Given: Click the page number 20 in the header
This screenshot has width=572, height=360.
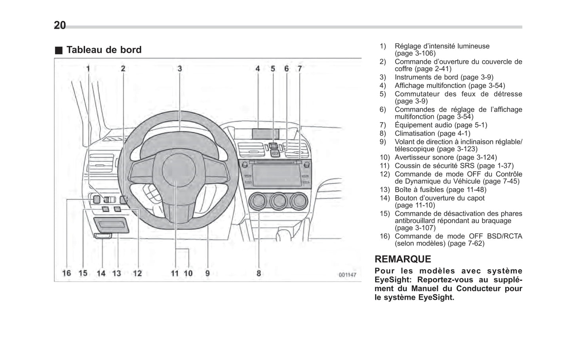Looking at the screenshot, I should click(60, 25).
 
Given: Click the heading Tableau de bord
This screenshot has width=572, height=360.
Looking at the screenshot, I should click(104, 50).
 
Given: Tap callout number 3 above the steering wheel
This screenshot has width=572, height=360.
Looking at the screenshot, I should click(180, 69).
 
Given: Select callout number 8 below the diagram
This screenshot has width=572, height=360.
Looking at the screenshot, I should click(258, 273).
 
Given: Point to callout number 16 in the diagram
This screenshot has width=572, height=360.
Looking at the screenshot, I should click(67, 273).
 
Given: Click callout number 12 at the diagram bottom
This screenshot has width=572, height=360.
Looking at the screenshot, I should click(137, 273).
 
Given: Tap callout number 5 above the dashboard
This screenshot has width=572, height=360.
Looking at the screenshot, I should click(273, 69).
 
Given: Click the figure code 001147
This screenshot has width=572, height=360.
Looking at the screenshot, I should click(347, 275).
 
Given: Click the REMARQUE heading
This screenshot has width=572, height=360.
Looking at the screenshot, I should click(403, 259).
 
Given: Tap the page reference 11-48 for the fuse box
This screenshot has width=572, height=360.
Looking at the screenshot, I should click(477, 190).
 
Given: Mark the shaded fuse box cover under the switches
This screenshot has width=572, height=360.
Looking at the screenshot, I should click(111, 225).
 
